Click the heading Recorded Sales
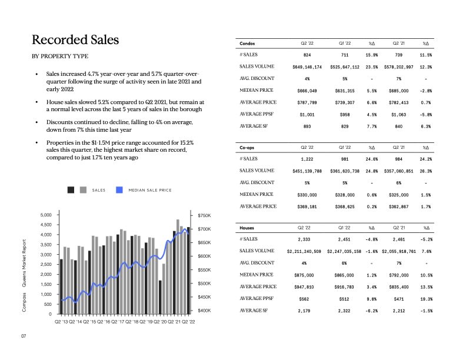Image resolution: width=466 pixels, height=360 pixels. tap(75, 40)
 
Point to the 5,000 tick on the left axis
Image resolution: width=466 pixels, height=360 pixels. tap(45, 215)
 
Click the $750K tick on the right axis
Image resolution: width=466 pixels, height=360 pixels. tap(204, 216)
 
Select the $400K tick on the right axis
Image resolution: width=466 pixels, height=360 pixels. tap(204, 310)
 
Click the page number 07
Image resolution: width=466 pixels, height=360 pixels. tap(24, 336)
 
